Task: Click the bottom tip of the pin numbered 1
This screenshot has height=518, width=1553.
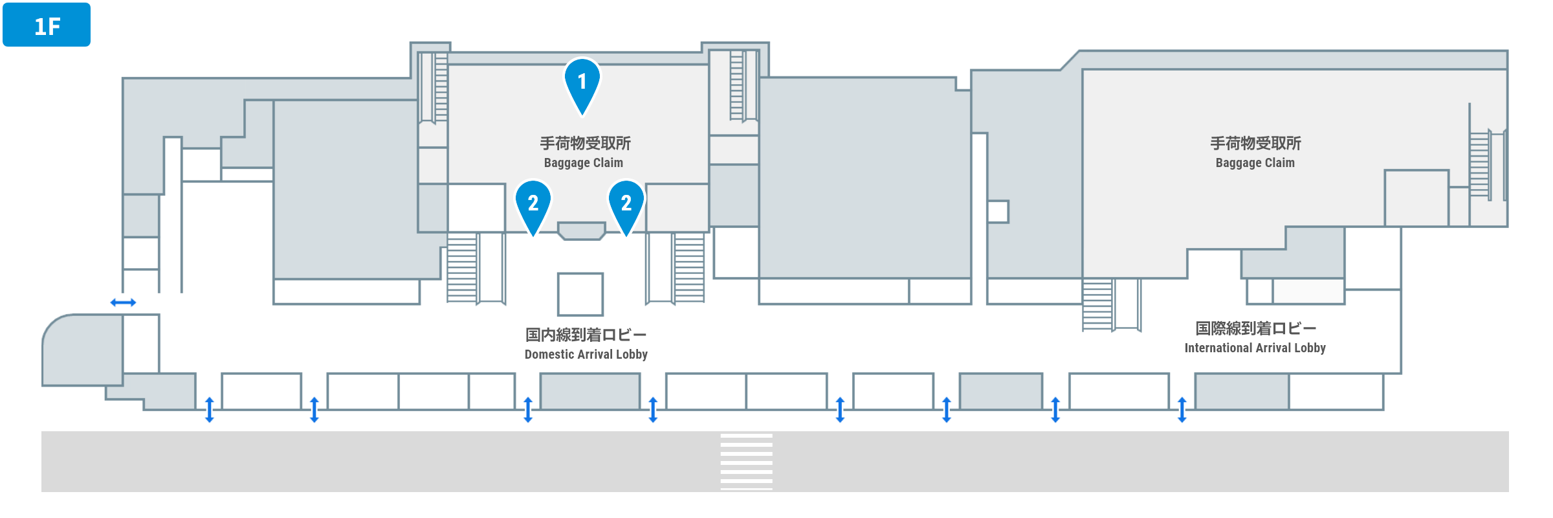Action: [582, 116]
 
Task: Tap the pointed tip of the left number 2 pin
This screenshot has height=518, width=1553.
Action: [533, 237]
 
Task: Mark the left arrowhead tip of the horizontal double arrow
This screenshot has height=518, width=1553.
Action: [111, 302]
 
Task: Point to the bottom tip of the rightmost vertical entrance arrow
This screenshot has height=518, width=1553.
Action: [1182, 422]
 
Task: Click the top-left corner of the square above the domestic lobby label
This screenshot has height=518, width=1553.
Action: [558, 273]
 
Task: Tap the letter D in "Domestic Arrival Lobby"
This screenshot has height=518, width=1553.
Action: [528, 354]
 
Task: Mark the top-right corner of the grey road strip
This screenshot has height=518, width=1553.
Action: [1508, 432]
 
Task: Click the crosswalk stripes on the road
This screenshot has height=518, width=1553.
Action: [747, 462]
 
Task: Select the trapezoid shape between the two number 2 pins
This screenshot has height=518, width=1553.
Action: [582, 231]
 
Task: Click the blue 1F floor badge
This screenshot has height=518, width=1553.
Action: [47, 25]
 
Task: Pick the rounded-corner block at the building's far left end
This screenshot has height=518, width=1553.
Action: [83, 350]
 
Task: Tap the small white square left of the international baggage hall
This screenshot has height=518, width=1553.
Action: [998, 212]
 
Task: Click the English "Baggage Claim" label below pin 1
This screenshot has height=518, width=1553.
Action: [584, 163]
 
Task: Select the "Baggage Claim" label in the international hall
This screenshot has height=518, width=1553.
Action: [1255, 163]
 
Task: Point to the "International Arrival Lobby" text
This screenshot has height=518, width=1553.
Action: [1255, 348]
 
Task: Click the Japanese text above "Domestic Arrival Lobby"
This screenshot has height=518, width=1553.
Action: [586, 335]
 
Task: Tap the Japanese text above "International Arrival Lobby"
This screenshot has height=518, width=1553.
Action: [1255, 328]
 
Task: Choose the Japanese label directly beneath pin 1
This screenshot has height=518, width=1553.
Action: [585, 143]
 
